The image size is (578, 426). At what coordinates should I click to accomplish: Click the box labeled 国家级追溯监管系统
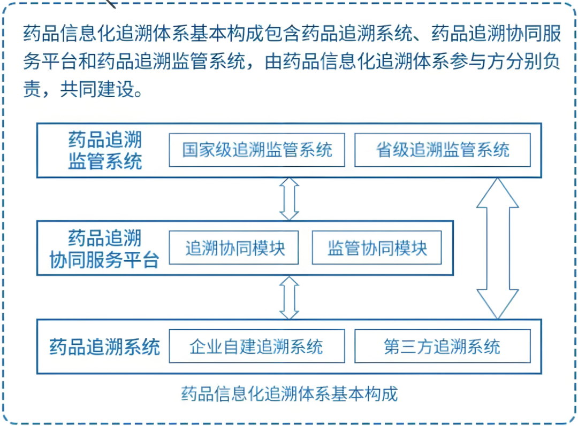(257, 150)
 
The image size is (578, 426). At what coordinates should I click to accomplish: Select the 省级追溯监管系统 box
(442, 150)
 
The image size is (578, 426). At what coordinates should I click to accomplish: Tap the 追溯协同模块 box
(234, 247)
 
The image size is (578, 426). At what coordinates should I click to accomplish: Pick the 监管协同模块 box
(377, 247)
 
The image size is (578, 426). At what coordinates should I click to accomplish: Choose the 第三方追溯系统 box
(442, 346)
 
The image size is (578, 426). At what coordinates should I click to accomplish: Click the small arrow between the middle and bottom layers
(289, 297)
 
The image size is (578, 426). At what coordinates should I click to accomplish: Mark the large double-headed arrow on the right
(498, 248)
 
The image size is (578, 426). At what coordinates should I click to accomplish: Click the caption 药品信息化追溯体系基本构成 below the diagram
(290, 394)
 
